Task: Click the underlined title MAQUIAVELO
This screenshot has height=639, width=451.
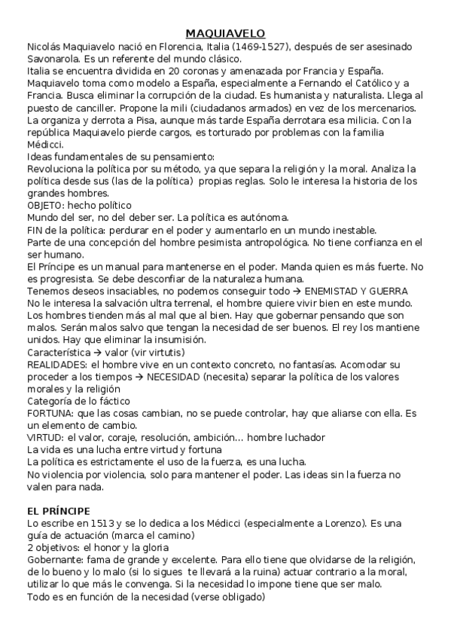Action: point(225,33)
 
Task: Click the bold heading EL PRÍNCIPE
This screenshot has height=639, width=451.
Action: point(58,511)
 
